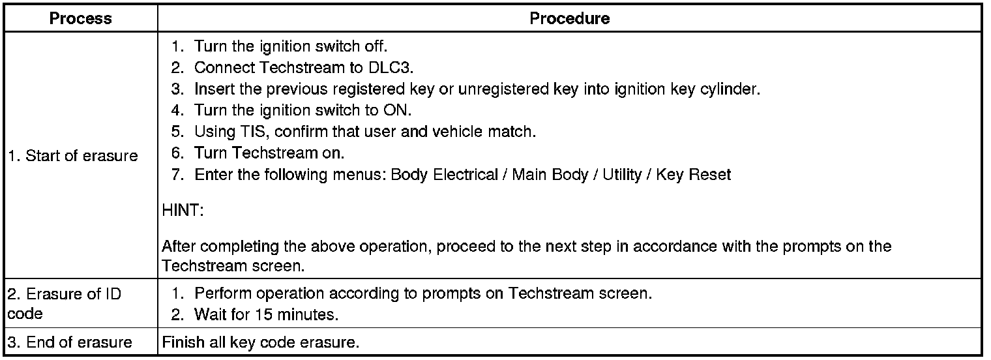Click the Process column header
tap(81, 18)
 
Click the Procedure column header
tap(569, 18)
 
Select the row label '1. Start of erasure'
tap(73, 156)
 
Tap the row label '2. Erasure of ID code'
tap(65, 303)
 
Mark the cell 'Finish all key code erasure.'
tap(261, 342)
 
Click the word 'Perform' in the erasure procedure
tap(220, 293)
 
